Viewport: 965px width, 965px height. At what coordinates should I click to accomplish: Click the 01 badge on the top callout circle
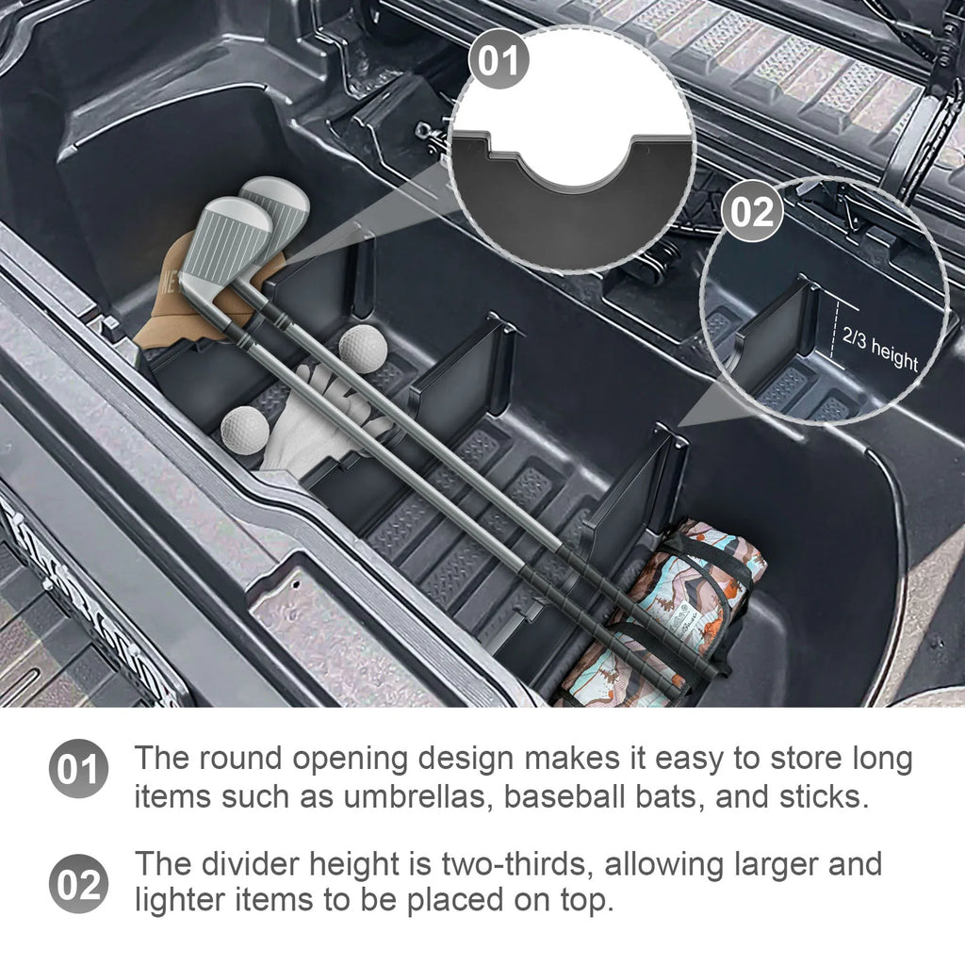[x=499, y=61]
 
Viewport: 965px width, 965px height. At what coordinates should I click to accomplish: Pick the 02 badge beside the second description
[x=78, y=884]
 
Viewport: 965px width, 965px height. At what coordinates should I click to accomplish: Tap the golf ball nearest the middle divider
[x=362, y=348]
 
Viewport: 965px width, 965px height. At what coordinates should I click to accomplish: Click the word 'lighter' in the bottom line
[x=185, y=902]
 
